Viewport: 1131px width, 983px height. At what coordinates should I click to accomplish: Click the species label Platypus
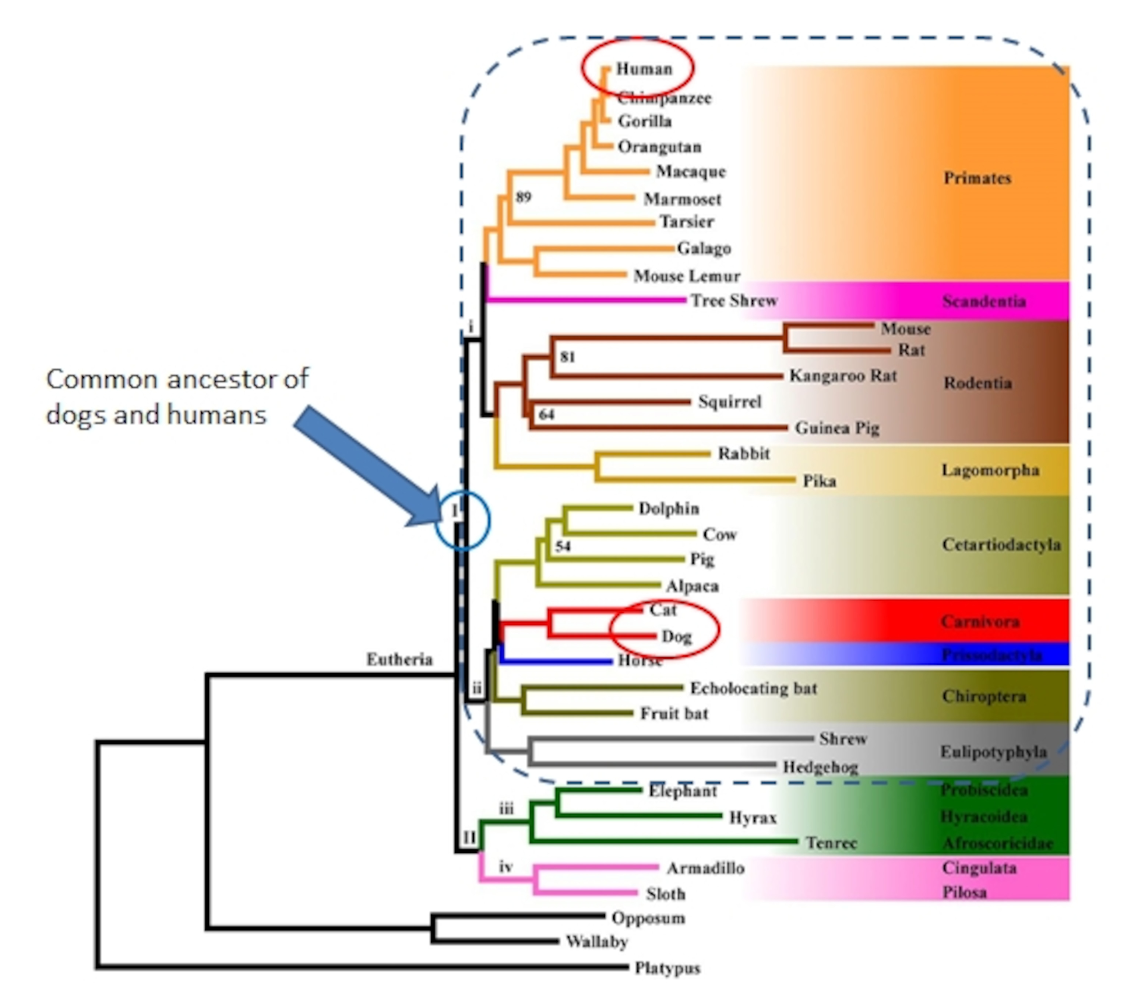[667, 968]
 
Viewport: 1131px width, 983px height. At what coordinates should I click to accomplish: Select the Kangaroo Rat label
[843, 376]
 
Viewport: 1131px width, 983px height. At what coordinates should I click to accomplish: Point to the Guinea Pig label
[837, 428]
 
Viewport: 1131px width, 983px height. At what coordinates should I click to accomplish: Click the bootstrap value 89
[523, 197]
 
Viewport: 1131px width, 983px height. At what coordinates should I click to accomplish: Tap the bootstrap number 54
[563, 546]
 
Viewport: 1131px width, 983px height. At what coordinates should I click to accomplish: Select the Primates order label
[977, 178]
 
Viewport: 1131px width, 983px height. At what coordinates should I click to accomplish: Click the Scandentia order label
[983, 301]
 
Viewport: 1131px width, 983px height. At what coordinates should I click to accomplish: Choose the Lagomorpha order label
[990, 470]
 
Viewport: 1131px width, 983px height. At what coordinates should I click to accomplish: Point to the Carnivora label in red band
[980, 622]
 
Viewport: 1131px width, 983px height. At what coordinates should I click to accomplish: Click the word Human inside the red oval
[644, 69]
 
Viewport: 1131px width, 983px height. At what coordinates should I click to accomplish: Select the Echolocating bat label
[753, 688]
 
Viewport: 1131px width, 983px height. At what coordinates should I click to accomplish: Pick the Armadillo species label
[705, 868]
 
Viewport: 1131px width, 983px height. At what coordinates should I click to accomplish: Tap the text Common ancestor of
[177, 379]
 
